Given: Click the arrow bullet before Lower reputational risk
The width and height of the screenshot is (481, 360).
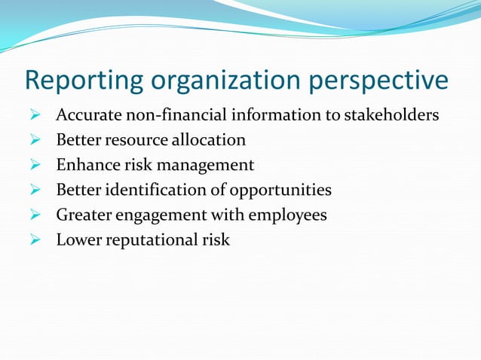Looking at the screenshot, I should pyautogui.click(x=34, y=240).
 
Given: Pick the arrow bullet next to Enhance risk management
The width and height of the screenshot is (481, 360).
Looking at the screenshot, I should pyautogui.click(x=34, y=165).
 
